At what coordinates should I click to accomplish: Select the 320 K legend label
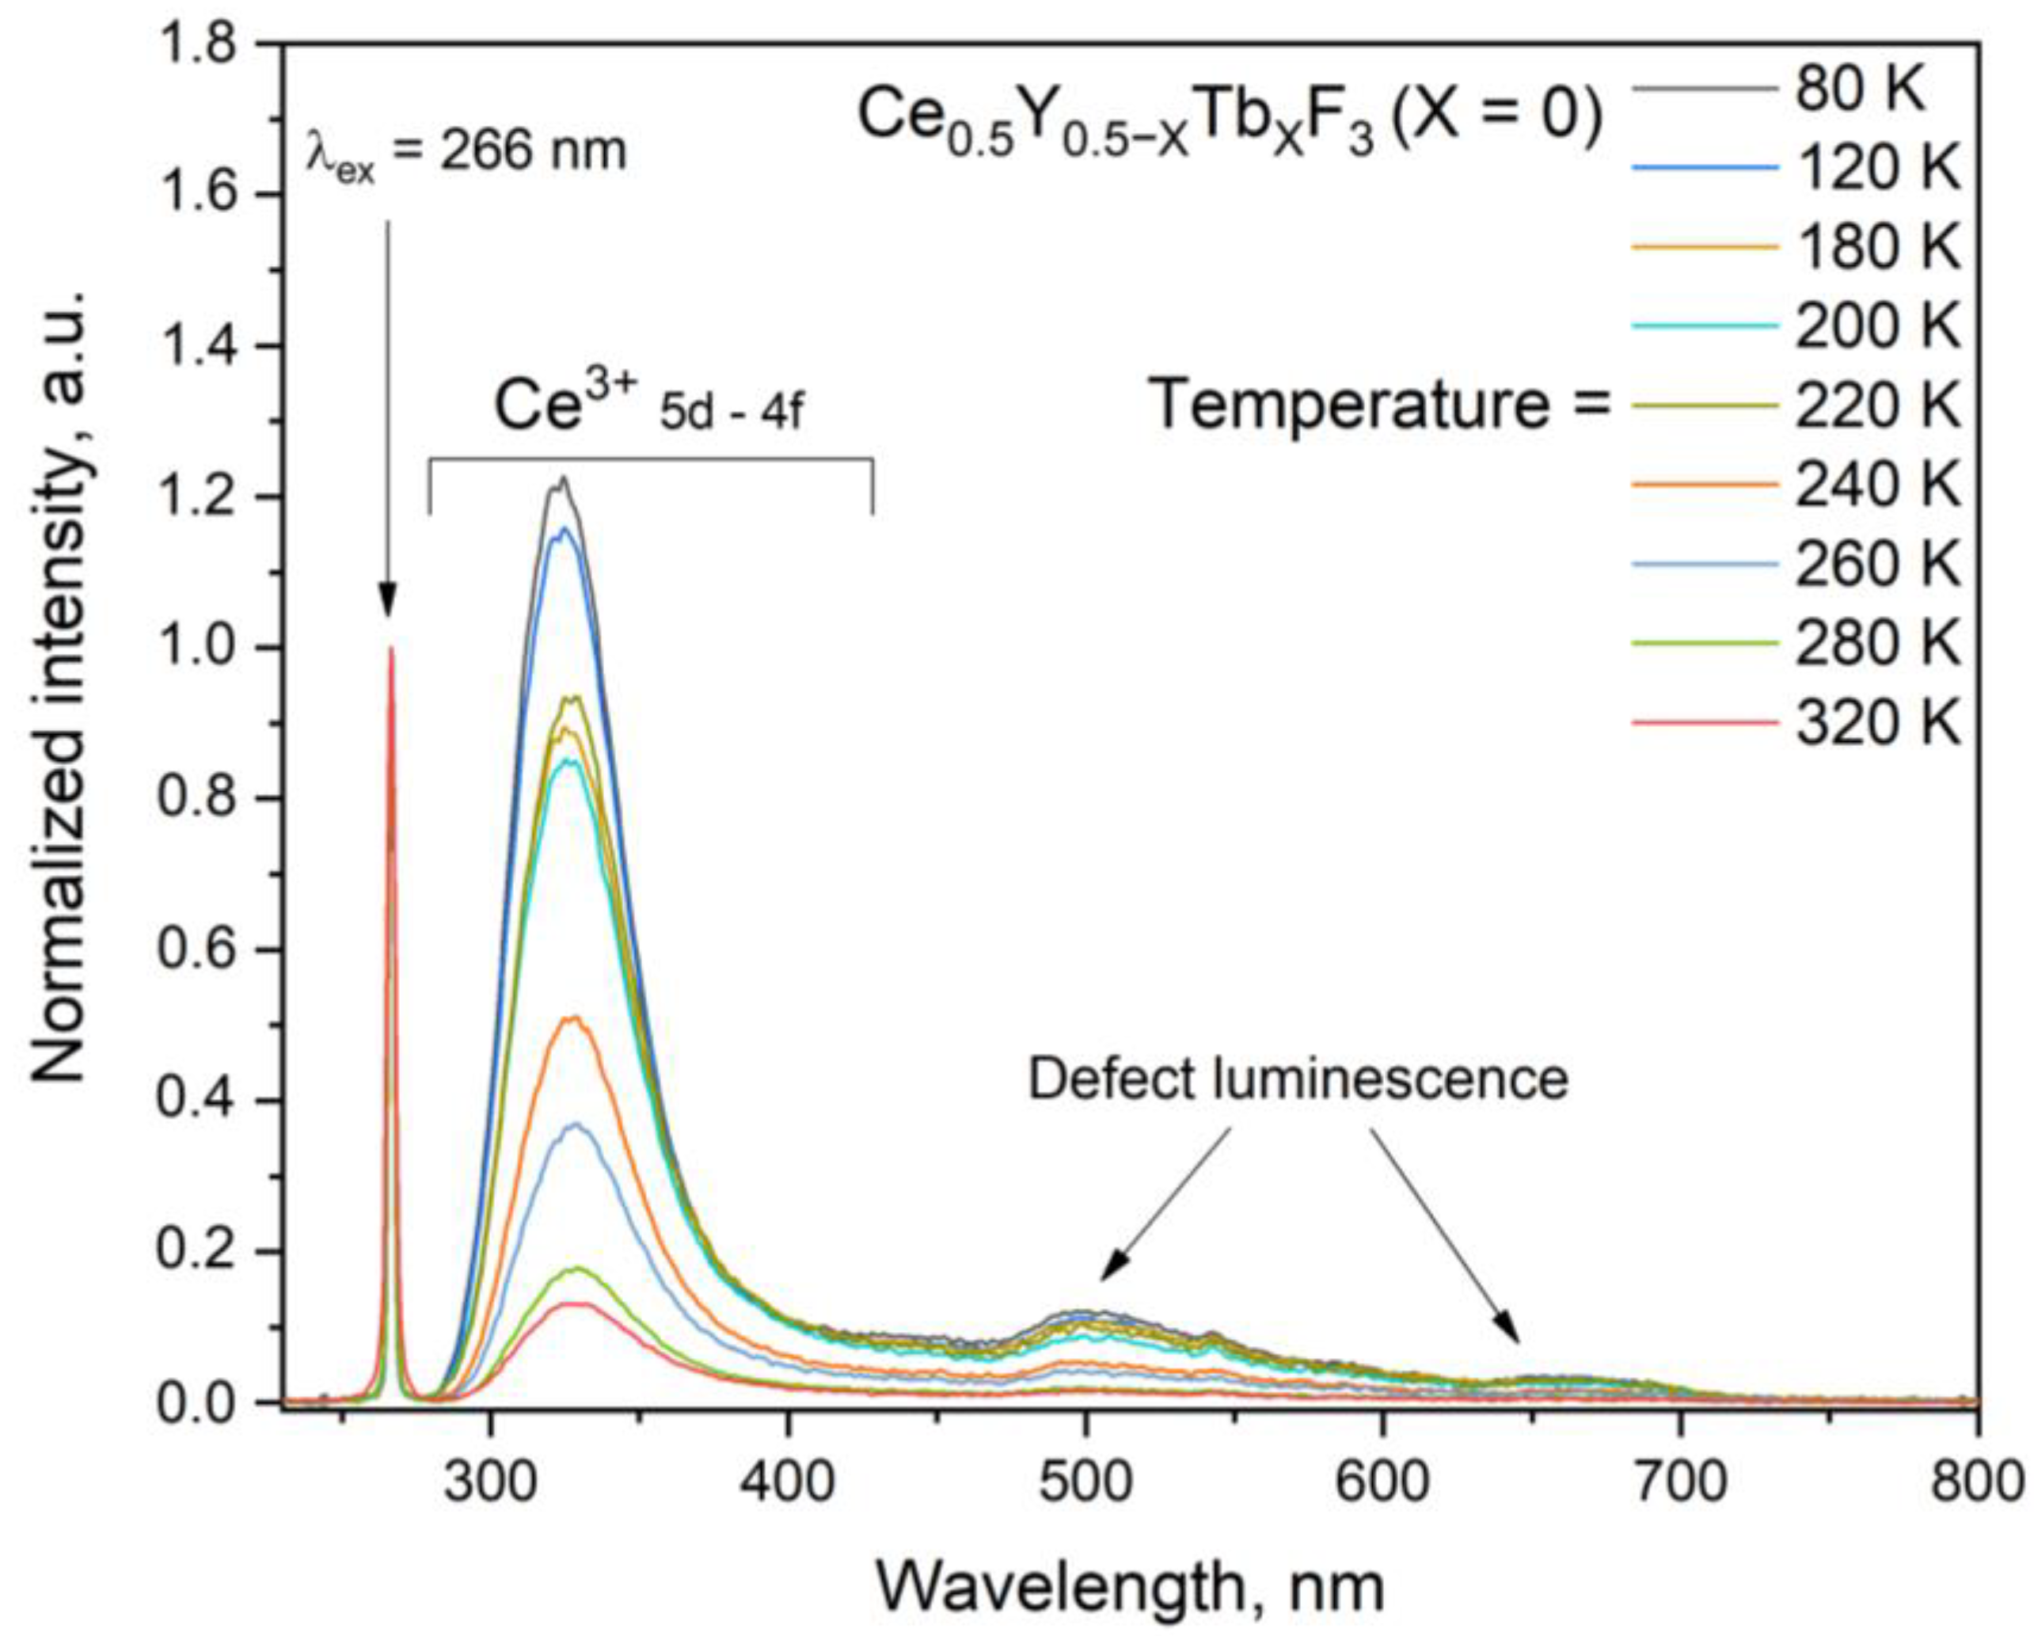pyautogui.click(x=1877, y=725)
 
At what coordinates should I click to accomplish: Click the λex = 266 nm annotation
pyautogui.click(x=465, y=151)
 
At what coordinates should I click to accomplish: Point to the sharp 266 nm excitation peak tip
pyautogui.click(x=390, y=649)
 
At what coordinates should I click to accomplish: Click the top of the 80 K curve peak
pyautogui.click(x=563, y=479)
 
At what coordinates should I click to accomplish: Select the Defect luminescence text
pyautogui.click(x=1297, y=1079)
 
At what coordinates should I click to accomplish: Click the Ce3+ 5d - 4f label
pyautogui.click(x=649, y=409)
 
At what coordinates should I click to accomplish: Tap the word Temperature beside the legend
pyautogui.click(x=1349, y=405)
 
